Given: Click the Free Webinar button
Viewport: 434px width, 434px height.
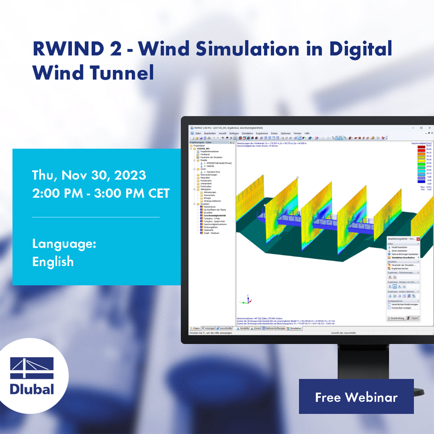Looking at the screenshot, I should pyautogui.click(x=356, y=397).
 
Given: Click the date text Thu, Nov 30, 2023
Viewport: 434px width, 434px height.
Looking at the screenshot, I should pyautogui.click(x=89, y=175).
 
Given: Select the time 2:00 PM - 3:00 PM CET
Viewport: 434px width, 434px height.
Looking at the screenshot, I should pyautogui.click(x=101, y=193).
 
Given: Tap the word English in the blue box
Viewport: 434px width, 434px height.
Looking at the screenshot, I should pyautogui.click(x=53, y=262).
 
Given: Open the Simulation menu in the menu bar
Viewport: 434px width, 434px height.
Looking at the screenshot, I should pyautogui.click(x=247, y=133).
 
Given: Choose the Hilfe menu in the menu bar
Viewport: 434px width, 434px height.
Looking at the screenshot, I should pyautogui.click(x=307, y=133).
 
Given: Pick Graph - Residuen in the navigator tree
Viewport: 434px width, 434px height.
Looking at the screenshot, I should pyautogui.click(x=211, y=233).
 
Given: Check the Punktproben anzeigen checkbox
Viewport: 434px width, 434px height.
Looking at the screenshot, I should pyautogui.click(x=389, y=308).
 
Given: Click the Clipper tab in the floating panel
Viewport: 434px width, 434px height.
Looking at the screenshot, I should pyautogui.click(x=413, y=317).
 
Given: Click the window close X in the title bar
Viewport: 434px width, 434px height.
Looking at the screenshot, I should pyautogui.click(x=429, y=128).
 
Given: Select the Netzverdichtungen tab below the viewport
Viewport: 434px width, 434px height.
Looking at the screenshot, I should pyautogui.click(x=274, y=328).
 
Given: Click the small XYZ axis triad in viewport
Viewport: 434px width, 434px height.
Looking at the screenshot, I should pyautogui.click(x=244, y=300).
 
